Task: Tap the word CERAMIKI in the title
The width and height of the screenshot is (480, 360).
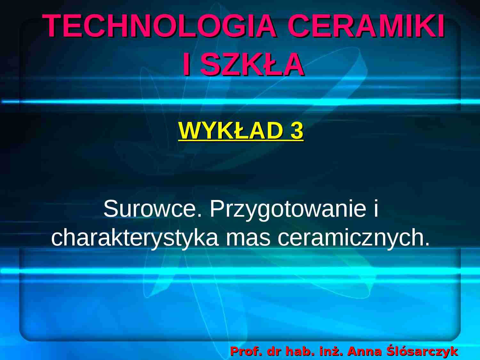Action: coord(366,26)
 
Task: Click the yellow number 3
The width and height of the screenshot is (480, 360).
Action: coord(297,131)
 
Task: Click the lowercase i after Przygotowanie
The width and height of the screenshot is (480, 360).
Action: coord(376,209)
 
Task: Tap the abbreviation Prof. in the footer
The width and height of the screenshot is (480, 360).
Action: coord(246,351)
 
